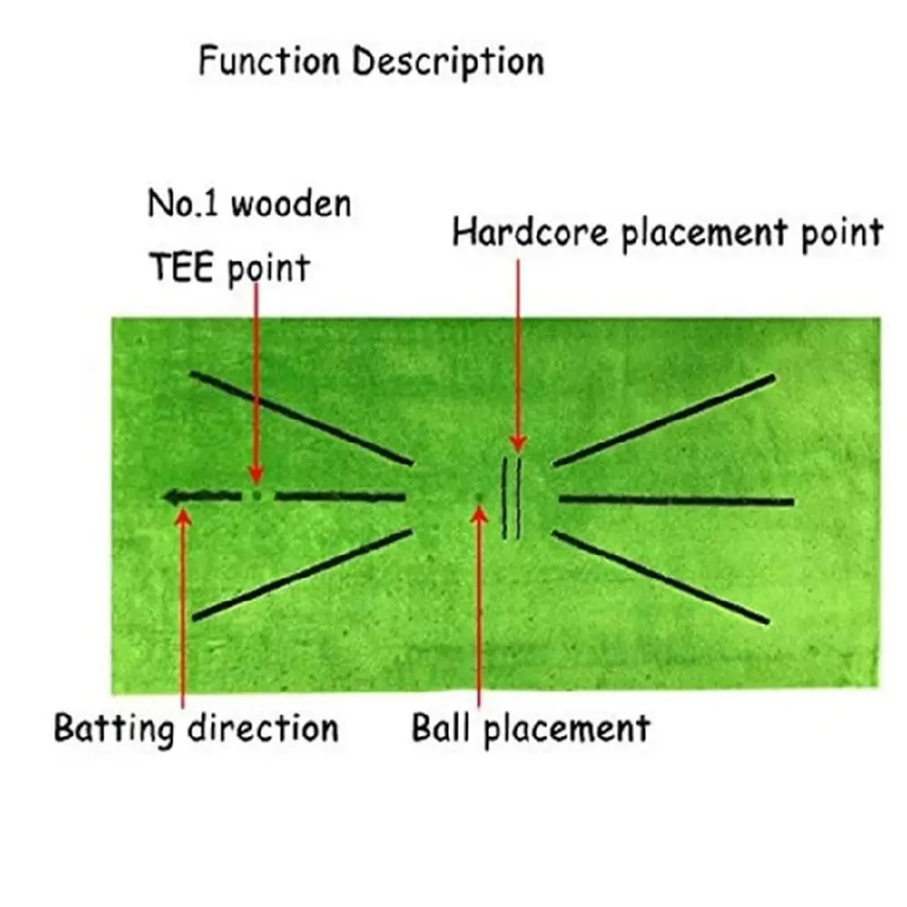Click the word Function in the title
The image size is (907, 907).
tap(270, 63)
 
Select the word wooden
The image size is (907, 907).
tap(291, 205)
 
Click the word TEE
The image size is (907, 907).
tap(182, 267)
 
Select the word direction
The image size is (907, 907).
tap(263, 726)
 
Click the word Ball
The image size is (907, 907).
tap(440, 726)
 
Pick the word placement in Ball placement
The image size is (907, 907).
tap(567, 728)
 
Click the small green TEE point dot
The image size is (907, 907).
tap(257, 495)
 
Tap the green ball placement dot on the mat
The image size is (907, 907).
tap(479, 497)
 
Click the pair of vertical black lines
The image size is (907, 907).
tap(511, 498)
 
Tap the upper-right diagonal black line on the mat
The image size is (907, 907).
tap(663, 419)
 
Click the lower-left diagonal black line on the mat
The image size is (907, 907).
tap(303, 574)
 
